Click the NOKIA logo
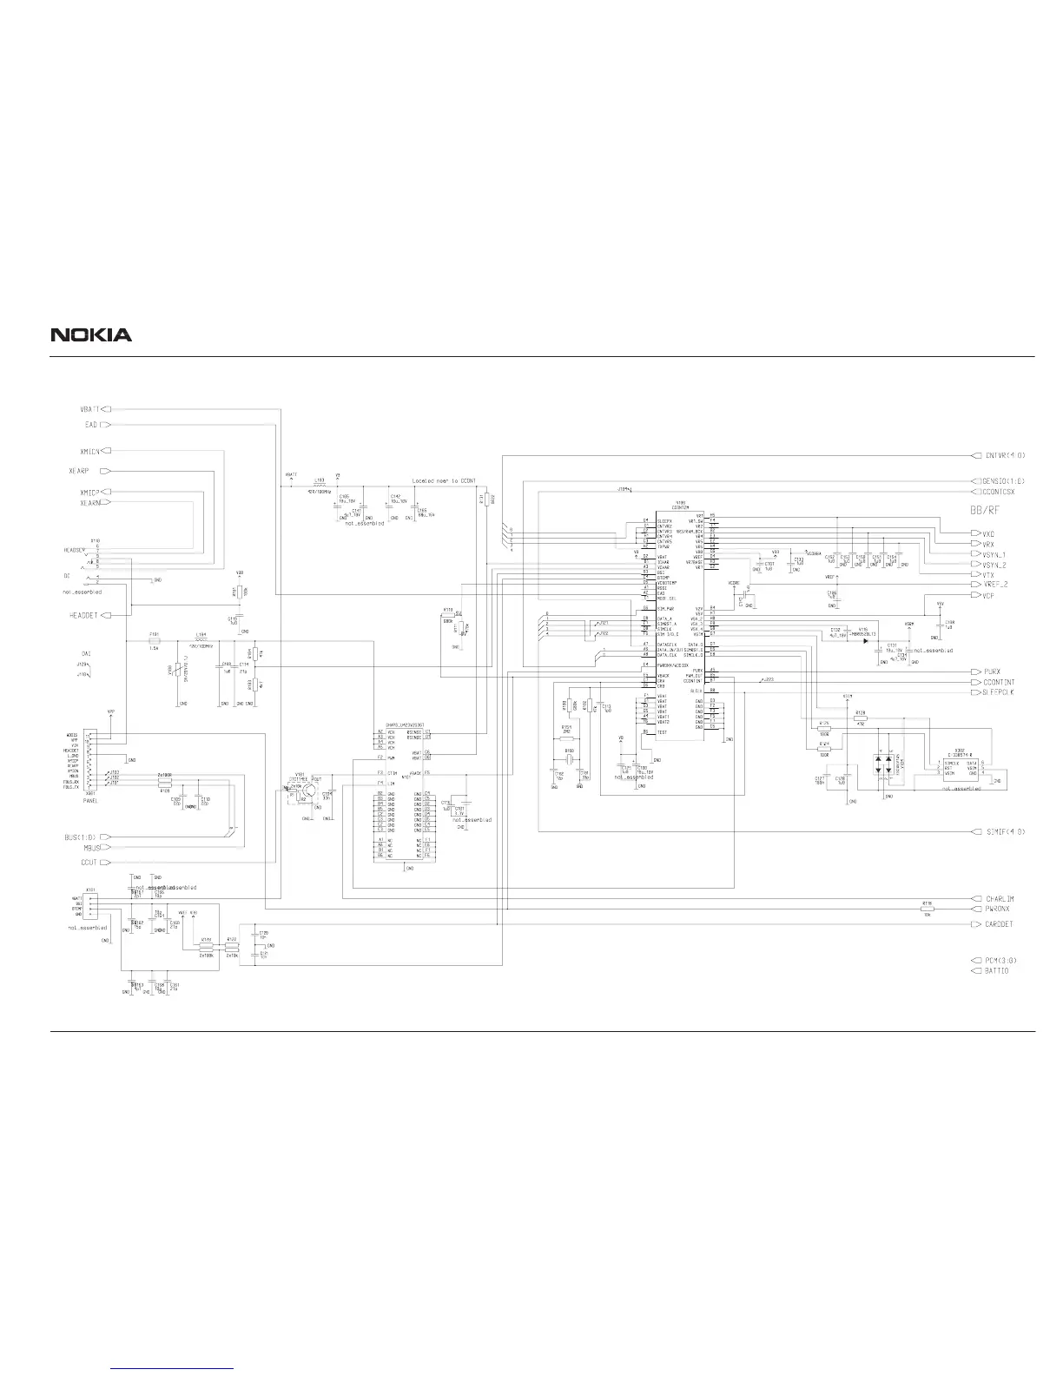91,334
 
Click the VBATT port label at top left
91,408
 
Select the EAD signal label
91,425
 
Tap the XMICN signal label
90,451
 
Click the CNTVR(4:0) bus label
1006,455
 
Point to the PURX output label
994,671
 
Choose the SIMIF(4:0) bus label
1006,831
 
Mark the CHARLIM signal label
1000,898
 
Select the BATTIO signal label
997,970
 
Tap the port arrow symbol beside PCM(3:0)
975,960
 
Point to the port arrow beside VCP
975,596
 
